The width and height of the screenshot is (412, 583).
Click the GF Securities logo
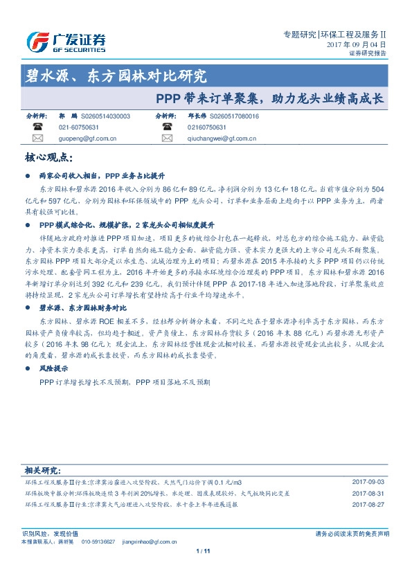click(65, 43)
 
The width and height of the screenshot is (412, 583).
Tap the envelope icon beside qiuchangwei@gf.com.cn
click(165, 138)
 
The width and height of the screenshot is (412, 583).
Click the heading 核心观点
click(48, 158)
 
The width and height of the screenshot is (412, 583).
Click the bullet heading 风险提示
click(53, 369)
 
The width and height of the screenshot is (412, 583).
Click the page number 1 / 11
click(204, 550)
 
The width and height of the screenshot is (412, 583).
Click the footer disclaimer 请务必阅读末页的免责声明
click(352, 533)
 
